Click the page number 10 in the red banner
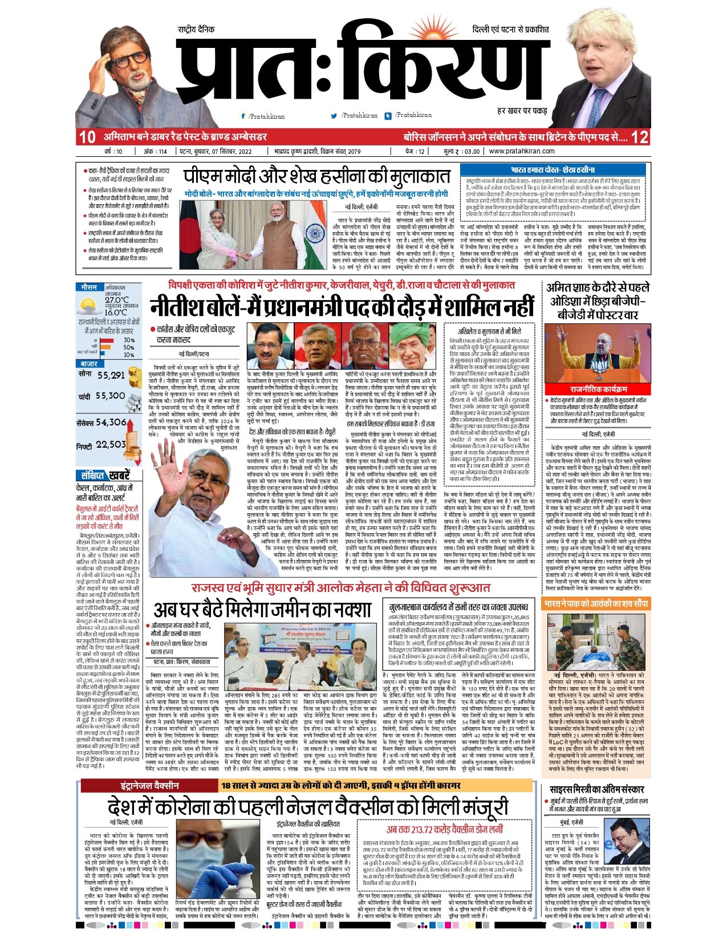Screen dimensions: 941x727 87,137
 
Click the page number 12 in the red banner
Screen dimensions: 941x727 640,137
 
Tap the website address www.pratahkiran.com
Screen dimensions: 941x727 522,152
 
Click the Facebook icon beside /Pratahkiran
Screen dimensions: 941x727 243,116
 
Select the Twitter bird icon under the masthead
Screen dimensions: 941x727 334,116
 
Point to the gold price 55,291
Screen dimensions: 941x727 111,375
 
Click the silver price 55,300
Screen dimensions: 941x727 110,396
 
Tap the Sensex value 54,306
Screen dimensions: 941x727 111,423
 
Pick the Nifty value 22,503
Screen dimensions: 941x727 111,444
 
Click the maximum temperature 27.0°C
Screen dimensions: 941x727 117,300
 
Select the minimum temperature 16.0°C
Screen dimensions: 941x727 116,313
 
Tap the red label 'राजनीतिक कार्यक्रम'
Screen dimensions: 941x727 598,389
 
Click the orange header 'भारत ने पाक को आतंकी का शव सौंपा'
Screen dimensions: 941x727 595,604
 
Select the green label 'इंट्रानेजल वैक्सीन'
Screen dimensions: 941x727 149,786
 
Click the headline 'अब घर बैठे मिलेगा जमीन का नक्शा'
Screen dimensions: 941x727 263,610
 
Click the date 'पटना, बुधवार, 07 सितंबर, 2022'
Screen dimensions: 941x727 216,152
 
